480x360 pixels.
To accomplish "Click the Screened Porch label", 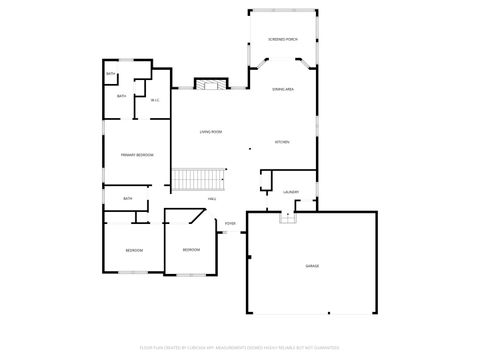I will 283,40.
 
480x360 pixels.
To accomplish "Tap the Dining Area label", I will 282,90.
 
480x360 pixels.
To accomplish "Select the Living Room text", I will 210,132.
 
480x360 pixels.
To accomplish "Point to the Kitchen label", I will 282,142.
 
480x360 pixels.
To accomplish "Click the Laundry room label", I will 291,192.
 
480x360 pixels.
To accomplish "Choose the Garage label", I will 312,266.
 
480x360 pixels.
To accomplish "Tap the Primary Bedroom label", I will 137,156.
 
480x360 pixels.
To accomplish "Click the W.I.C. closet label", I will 155,100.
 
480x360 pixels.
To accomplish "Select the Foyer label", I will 230,223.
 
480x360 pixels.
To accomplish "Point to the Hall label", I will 212,199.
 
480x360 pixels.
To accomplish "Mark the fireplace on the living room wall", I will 206,85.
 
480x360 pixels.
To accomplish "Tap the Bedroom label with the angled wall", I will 190,249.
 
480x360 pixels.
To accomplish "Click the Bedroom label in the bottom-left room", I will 133,249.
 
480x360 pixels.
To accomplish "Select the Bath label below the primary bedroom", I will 128,199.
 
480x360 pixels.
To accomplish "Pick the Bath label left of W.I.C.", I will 121,96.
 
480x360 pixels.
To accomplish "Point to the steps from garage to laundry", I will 288,216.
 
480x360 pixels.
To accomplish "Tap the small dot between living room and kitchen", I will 251,150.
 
